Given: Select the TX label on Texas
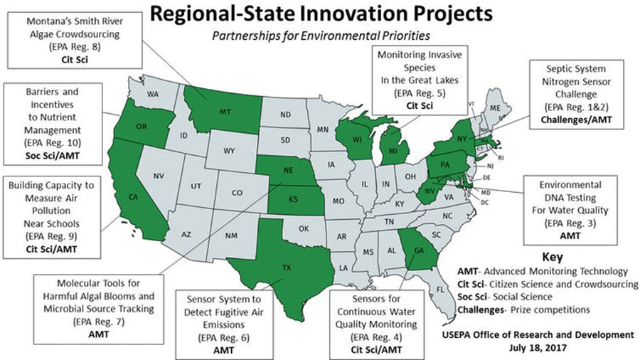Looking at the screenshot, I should (287, 268).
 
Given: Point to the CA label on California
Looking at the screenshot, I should (132, 196).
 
